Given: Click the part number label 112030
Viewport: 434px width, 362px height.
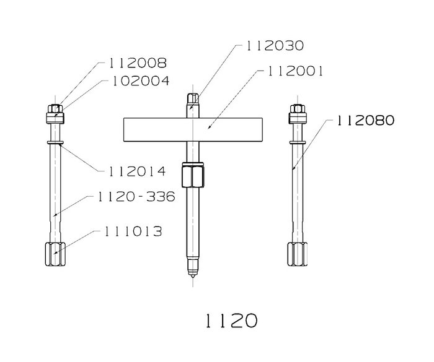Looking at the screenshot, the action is click(x=275, y=46).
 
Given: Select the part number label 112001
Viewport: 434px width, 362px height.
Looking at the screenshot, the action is click(x=295, y=71).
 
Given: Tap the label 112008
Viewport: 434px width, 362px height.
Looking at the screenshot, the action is click(x=138, y=63).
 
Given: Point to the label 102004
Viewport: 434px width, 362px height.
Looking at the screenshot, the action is click(x=141, y=81).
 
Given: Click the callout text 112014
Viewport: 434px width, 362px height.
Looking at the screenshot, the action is click(x=137, y=171).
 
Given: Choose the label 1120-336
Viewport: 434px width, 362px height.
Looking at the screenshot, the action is click(x=136, y=197).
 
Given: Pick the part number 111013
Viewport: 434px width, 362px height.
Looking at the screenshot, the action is click(x=133, y=231).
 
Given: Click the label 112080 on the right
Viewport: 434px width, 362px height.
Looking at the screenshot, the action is click(x=365, y=121).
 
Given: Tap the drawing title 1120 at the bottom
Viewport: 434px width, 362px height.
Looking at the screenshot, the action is click(x=231, y=321).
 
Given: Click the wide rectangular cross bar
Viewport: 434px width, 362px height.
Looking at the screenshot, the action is click(x=193, y=129).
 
